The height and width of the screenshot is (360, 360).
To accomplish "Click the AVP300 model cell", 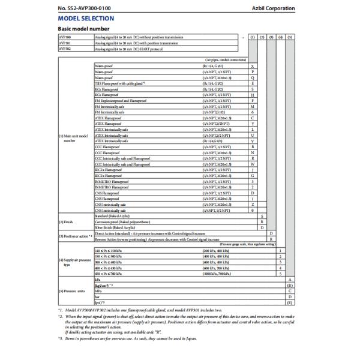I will point(63,37).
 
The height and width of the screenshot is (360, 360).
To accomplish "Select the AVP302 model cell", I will point(63,47).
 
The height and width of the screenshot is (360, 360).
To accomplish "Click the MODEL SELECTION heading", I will point(87,19).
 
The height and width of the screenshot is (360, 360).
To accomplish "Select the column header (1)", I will point(252,37).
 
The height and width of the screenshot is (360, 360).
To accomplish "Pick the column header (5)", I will point(290,37).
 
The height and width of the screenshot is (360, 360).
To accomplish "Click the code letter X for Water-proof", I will point(252,65).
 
